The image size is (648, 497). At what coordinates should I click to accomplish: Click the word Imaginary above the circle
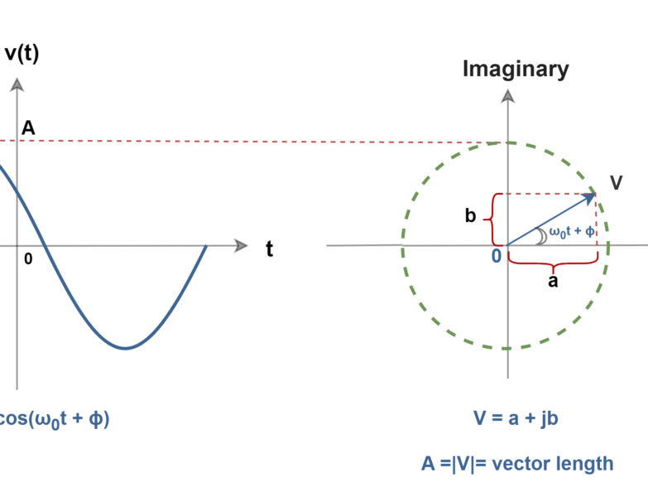516,70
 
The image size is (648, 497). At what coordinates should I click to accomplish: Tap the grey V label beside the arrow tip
616,183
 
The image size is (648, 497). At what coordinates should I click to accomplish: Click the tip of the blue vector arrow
594,195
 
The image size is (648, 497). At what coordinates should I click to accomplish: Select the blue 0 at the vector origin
497,256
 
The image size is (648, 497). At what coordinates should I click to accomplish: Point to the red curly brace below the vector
553,263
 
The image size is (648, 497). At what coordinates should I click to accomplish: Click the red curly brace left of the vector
490,220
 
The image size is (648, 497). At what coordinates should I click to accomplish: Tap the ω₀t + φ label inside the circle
571,231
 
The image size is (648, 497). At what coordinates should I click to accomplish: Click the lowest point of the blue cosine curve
126,348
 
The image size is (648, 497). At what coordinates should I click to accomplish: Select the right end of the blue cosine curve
205,246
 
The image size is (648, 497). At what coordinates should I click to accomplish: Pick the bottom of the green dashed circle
506,349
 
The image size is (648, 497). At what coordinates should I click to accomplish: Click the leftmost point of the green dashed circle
403,247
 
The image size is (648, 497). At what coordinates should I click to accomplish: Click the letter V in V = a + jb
479,418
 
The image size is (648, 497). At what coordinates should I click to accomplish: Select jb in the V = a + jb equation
549,418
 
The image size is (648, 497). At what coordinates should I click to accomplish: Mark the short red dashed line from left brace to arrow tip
546,194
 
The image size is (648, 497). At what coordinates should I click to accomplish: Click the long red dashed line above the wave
248,142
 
